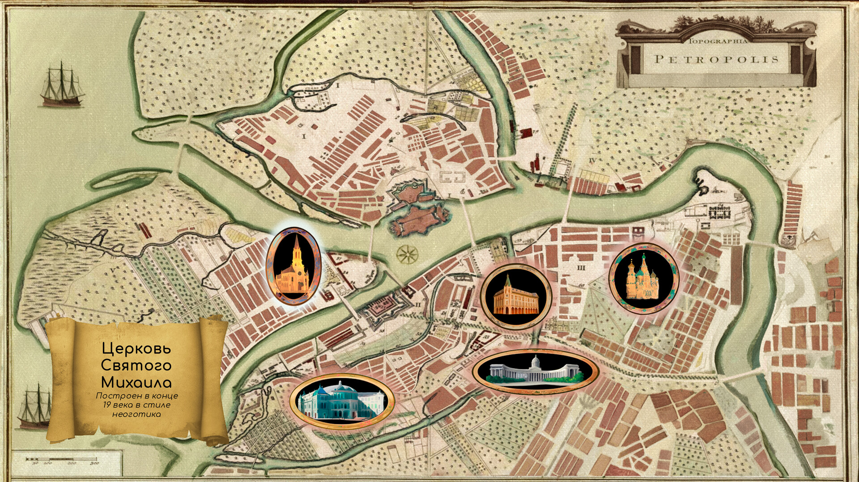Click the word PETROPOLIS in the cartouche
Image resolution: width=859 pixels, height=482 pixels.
tap(716, 59)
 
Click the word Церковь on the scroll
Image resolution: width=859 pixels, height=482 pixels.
tap(136, 348)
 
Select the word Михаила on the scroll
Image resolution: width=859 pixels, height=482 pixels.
tap(136, 382)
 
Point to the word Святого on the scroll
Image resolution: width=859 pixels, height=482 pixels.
tap(136, 365)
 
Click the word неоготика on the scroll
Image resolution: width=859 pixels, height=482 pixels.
tap(136, 414)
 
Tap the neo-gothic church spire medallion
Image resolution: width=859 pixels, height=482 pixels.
tap(293, 266)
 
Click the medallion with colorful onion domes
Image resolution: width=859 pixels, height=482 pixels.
tap(644, 278)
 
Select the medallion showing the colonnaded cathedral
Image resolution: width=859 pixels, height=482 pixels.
tap(536, 371)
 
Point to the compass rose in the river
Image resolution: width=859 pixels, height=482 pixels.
tap(407, 254)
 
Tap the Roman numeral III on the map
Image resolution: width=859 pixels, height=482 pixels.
tap(581, 268)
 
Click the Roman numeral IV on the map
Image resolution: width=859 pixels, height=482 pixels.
tap(593, 160)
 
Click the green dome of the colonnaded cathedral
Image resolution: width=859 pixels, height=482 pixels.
tap(536, 359)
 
